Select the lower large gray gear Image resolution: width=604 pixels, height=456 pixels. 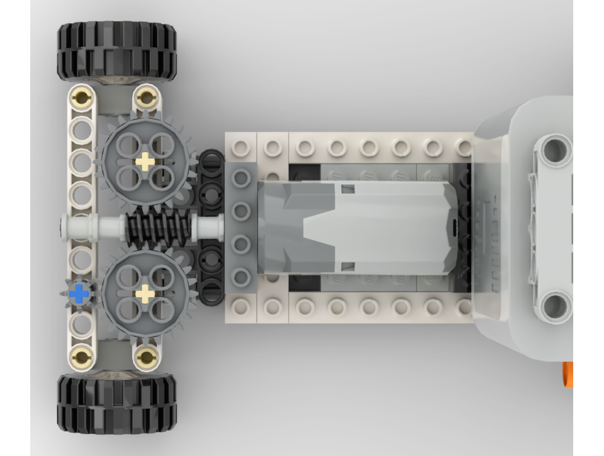click(x=146, y=294)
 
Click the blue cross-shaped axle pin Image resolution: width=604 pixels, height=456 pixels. click(x=78, y=294)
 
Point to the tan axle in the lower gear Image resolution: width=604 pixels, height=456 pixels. click(x=146, y=294)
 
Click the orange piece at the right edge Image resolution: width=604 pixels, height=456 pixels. click(x=567, y=374)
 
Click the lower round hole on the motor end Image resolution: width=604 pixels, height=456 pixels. click(x=553, y=306)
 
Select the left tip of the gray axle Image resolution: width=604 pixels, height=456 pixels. click(x=64, y=228)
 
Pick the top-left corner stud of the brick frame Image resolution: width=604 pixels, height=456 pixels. click(x=241, y=147)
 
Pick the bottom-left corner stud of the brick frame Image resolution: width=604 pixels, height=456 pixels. click(x=241, y=307)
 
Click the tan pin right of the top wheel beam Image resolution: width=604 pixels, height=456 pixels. click(x=146, y=95)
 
